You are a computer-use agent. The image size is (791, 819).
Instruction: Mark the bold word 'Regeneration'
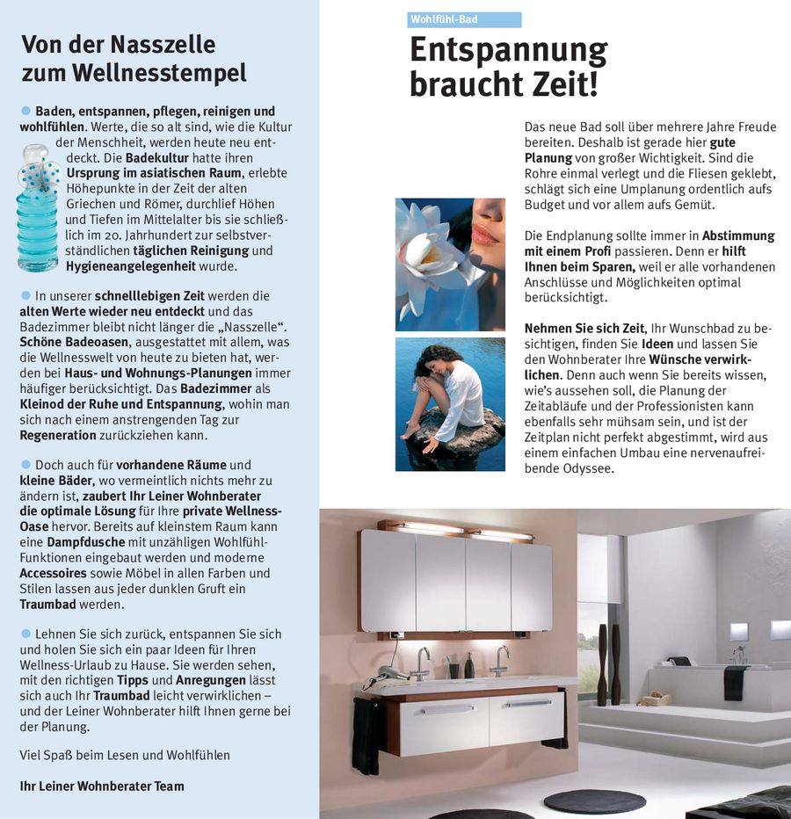[x=58, y=435]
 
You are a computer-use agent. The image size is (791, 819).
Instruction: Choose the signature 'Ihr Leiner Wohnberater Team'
[x=102, y=785]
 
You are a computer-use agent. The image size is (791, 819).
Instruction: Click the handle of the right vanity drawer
[x=529, y=703]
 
